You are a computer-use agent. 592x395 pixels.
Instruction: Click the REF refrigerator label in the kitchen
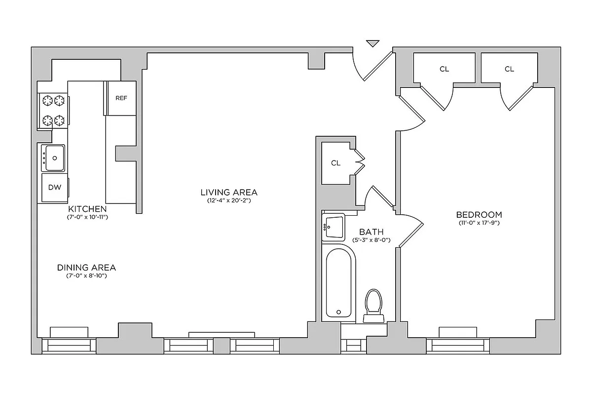point(121,98)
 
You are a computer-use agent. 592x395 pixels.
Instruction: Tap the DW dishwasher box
point(54,187)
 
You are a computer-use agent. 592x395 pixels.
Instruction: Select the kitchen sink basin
point(53,158)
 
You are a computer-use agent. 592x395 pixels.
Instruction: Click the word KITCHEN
point(87,208)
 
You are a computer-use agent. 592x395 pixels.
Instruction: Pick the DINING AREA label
point(87,268)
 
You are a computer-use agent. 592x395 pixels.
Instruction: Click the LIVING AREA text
point(229,192)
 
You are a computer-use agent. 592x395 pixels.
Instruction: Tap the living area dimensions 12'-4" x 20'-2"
point(229,200)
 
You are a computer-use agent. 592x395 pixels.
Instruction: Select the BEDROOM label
point(479,215)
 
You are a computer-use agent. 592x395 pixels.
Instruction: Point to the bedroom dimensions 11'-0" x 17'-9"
point(479,223)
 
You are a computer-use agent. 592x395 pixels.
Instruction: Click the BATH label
point(371,232)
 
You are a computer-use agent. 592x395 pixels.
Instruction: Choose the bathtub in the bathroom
point(339,283)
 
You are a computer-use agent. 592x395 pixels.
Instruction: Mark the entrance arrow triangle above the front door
point(373,43)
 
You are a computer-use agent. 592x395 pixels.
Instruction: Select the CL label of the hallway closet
point(336,163)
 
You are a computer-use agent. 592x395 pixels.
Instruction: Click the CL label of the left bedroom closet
point(444,69)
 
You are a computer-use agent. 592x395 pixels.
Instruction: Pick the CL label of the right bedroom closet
point(509,69)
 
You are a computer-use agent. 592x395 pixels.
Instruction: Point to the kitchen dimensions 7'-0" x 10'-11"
point(87,217)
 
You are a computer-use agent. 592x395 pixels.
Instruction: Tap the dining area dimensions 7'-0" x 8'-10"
point(87,276)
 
